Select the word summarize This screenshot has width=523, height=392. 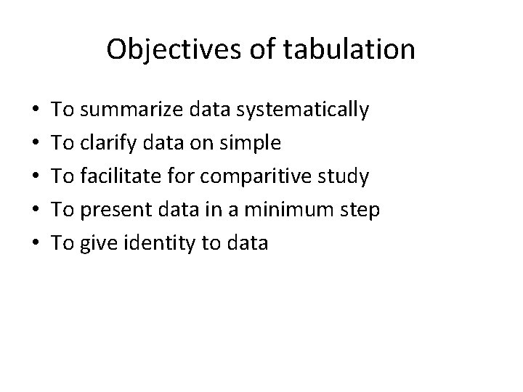click(134, 110)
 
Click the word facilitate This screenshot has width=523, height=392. click(122, 176)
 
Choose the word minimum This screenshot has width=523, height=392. click(299, 210)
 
